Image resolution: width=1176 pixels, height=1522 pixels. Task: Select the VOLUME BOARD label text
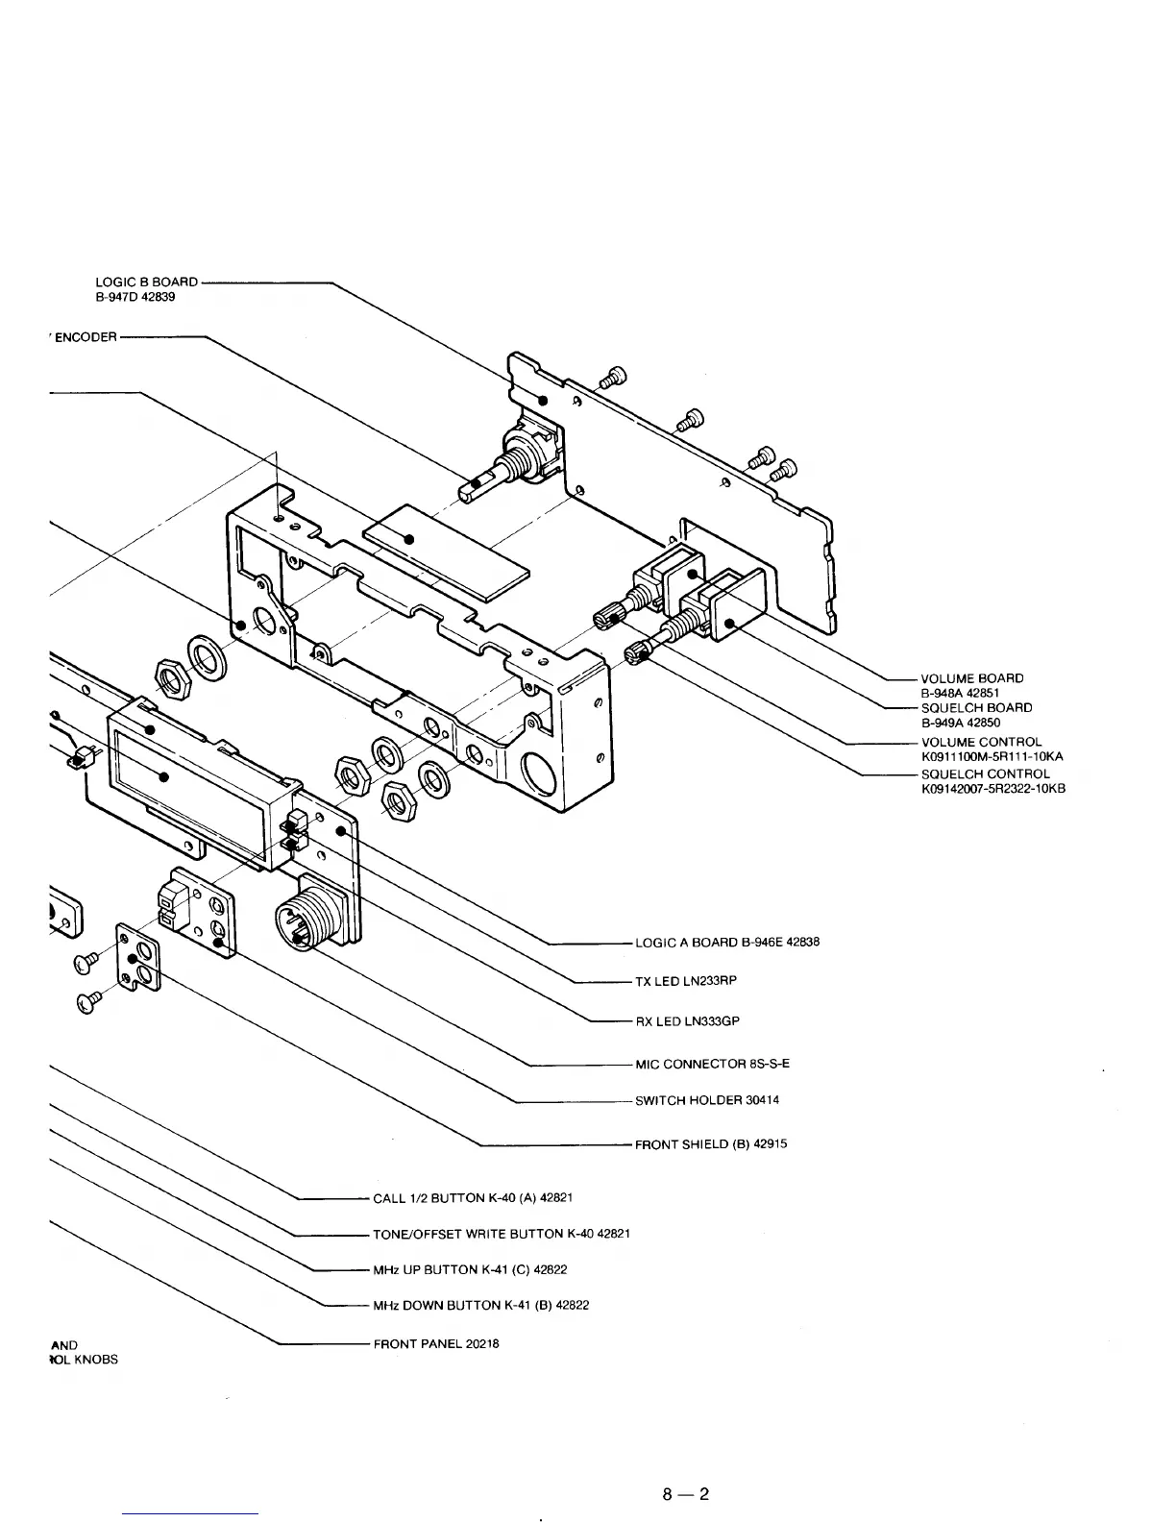[972, 678]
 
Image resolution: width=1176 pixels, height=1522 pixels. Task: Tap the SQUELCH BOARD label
[976, 708]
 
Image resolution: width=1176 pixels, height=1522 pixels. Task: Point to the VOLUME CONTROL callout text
[981, 742]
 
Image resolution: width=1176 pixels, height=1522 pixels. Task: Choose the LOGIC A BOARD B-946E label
[726, 943]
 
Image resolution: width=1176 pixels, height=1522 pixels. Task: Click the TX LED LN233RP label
[686, 981]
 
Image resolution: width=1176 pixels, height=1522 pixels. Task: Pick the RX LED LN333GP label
[687, 1021]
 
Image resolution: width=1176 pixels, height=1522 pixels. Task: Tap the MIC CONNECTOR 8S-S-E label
[712, 1064]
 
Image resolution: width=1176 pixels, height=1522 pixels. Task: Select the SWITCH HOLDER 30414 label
[706, 1100]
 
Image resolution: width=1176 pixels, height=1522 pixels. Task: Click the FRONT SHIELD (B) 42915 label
[711, 1144]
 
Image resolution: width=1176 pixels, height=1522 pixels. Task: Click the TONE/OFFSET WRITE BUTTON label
[501, 1234]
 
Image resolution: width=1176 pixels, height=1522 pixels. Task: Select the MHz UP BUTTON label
[470, 1270]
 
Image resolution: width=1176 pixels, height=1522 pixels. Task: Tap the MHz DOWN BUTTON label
[480, 1306]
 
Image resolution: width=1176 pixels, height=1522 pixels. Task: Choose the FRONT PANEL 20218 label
[435, 1344]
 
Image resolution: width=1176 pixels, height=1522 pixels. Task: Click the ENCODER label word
[86, 337]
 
